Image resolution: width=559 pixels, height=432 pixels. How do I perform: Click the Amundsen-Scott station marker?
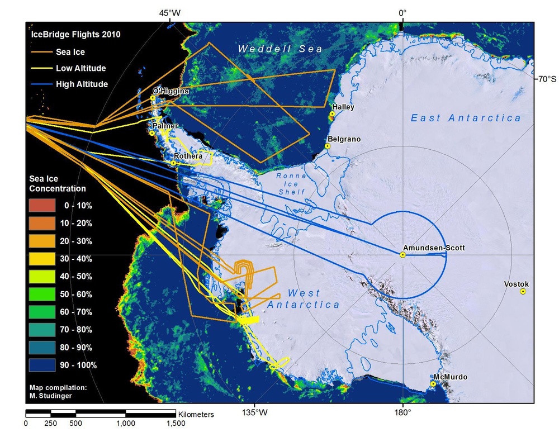tap(402, 255)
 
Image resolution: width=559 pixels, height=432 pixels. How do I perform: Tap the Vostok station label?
tap(515, 283)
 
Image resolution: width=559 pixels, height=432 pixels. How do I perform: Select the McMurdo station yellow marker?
tap(433, 384)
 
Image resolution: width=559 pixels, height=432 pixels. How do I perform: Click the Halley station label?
tap(343, 107)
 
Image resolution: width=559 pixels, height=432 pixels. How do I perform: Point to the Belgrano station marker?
tap(328, 146)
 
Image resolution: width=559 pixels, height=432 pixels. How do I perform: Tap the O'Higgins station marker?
tap(152, 98)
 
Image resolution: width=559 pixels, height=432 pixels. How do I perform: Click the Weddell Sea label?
tap(280, 49)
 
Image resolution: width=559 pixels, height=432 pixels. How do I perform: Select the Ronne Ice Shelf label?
tap(292, 184)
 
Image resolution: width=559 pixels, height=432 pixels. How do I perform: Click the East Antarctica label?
tap(466, 118)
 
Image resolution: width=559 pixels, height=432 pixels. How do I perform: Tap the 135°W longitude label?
tap(254, 413)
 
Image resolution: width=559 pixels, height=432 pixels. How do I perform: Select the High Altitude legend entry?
tap(81, 84)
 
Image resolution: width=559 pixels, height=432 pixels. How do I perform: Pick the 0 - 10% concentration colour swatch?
tap(42, 206)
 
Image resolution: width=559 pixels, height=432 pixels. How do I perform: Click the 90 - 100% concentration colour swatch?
tap(42, 365)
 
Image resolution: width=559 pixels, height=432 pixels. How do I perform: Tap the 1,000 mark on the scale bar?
tap(125, 423)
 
